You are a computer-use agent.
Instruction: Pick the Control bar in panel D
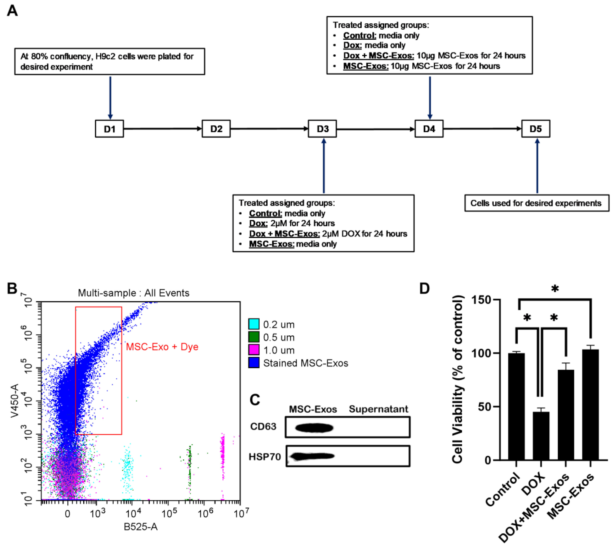click(x=516, y=406)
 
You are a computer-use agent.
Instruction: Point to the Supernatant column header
click(x=378, y=409)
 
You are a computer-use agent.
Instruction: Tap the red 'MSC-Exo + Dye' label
click(x=162, y=347)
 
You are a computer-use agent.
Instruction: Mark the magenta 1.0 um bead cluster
click(x=222, y=453)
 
